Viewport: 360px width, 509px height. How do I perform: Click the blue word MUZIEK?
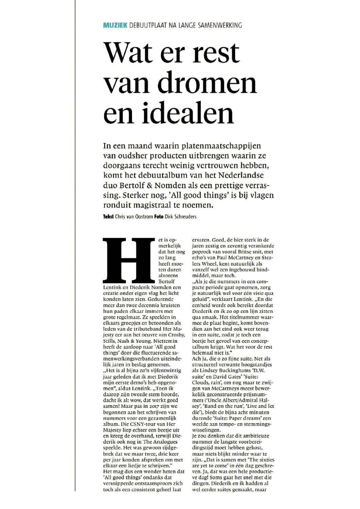(115, 25)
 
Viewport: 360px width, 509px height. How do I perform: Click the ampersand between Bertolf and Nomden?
(149, 186)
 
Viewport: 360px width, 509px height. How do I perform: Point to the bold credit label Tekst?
(108, 217)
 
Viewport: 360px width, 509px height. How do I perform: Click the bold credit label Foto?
(159, 217)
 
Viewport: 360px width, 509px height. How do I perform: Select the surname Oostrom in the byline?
(144, 217)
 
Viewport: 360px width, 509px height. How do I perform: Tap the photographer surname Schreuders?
(185, 217)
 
